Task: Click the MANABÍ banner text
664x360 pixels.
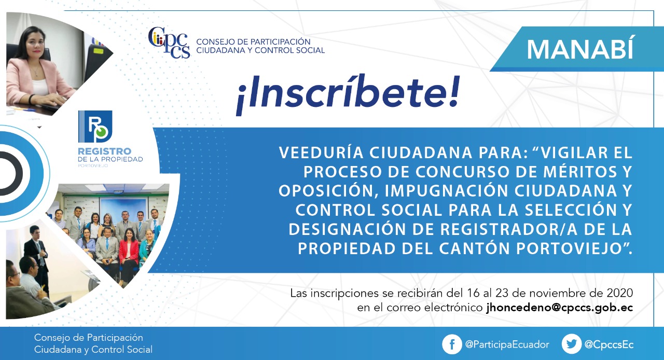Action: click(x=580, y=49)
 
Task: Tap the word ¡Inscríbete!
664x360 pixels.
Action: click(x=348, y=94)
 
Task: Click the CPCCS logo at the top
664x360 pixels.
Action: click(x=169, y=43)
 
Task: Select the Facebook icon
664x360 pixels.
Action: click(x=452, y=344)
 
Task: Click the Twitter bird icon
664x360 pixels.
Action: click(x=571, y=344)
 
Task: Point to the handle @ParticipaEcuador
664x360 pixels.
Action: click(x=507, y=344)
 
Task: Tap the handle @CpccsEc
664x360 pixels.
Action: click(x=609, y=344)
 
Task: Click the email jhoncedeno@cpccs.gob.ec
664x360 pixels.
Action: click(x=560, y=308)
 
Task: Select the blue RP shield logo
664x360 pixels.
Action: click(x=95, y=127)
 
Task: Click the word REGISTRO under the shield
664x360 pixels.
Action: click(x=104, y=151)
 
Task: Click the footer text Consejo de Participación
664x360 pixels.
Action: click(x=89, y=338)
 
